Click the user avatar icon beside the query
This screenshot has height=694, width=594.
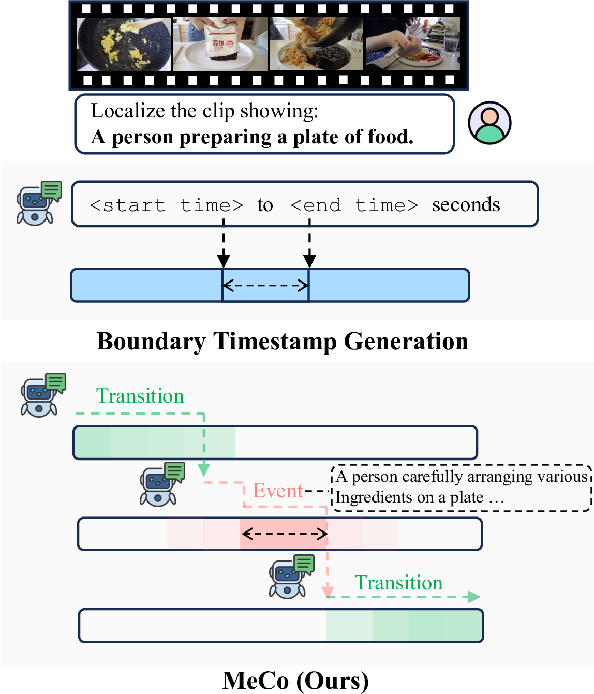(489, 123)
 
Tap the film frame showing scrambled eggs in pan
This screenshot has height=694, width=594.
(124, 44)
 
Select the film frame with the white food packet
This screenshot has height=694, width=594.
(220, 44)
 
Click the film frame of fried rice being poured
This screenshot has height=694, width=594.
(316, 43)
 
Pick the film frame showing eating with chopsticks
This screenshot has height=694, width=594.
(413, 43)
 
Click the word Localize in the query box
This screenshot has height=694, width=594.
(128, 111)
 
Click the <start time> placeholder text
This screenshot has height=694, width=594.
(167, 205)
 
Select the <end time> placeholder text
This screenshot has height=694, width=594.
(354, 205)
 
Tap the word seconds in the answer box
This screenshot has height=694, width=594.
(466, 205)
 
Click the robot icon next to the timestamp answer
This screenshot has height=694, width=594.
(39, 202)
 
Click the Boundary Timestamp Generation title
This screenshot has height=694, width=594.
(283, 342)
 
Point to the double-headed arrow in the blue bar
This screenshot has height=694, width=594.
(265, 285)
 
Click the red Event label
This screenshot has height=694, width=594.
(278, 490)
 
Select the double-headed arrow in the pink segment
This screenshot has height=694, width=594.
(285, 534)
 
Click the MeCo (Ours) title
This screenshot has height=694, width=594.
(295, 681)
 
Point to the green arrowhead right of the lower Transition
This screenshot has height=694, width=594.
(474, 597)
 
